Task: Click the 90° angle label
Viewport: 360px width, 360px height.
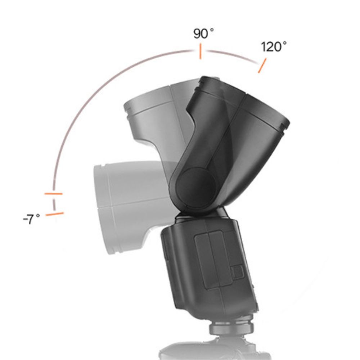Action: point(203,33)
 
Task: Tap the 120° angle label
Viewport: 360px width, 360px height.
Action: point(274,46)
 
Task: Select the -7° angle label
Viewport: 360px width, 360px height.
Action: point(31,219)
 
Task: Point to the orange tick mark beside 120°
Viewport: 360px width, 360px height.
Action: point(262,66)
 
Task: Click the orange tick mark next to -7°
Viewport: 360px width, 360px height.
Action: point(55,214)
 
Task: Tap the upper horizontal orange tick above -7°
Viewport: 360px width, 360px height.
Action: point(53,194)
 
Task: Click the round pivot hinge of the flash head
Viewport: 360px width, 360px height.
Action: point(195,187)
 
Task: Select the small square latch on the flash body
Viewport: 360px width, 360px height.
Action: point(237,272)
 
